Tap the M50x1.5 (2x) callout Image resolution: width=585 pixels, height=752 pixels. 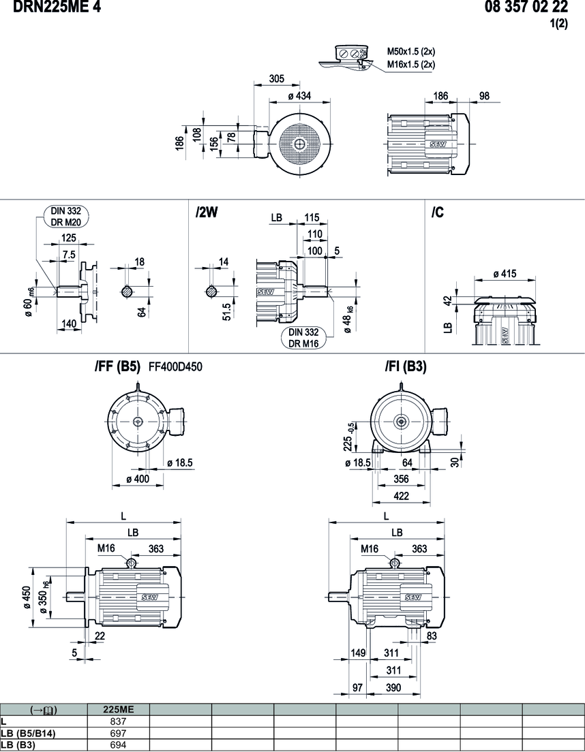[411, 51]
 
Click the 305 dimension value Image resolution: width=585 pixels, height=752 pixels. [276, 78]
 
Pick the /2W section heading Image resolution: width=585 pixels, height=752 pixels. [206, 213]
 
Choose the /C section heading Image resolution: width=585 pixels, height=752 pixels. [438, 213]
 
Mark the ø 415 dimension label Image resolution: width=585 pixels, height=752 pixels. [504, 274]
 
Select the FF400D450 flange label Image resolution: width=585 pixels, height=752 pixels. [170, 367]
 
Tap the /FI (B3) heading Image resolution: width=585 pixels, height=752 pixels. [406, 367]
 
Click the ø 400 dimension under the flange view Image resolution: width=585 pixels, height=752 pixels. [138, 480]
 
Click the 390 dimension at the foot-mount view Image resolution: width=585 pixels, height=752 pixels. [393, 688]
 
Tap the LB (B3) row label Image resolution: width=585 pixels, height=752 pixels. [19, 745]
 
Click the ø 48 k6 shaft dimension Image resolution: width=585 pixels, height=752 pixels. [349, 320]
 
